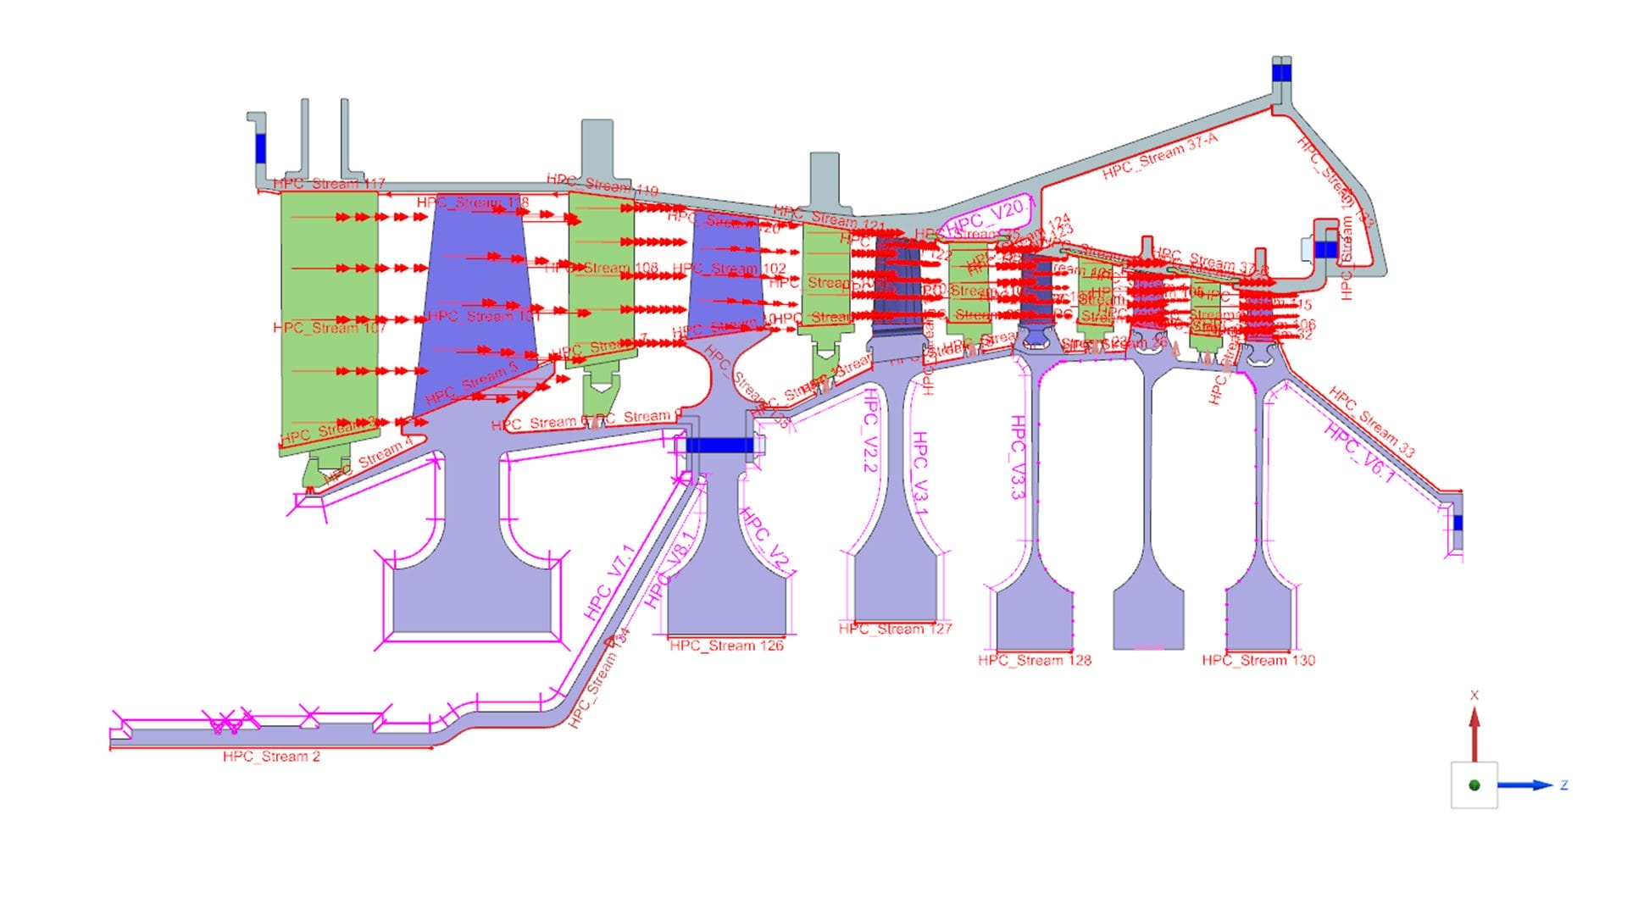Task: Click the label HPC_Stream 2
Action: [x=271, y=757]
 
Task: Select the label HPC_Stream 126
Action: [x=726, y=646]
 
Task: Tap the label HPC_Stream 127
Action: [x=895, y=629]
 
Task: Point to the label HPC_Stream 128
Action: [x=1035, y=660]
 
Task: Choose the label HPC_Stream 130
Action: [x=1258, y=660]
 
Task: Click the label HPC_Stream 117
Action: [x=329, y=184]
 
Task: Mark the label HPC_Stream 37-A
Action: [x=1160, y=157]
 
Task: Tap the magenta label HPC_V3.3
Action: [x=1018, y=457]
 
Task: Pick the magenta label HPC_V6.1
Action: [x=1359, y=452]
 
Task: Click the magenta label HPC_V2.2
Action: [x=869, y=430]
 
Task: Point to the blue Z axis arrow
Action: [x=1525, y=785]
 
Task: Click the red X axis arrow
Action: [x=1474, y=734]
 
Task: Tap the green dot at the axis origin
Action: [x=1474, y=785]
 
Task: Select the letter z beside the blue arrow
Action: [x=1564, y=785]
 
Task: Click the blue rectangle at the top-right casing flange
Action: [x=1281, y=74]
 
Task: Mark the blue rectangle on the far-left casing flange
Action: [x=260, y=148]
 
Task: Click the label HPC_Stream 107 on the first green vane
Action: [x=329, y=328]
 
